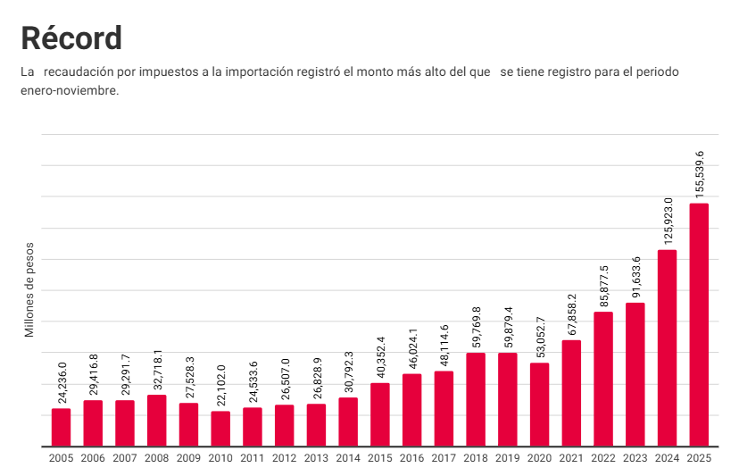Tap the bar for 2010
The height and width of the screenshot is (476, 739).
tap(220, 429)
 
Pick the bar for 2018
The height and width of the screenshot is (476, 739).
tap(476, 399)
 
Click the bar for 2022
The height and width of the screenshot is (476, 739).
tap(603, 379)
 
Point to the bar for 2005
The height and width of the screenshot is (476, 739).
tap(61, 427)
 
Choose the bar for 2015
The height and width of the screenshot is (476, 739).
tap(380, 414)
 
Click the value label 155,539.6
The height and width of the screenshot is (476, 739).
tap(700, 173)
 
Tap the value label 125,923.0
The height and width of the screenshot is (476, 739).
tap(668, 220)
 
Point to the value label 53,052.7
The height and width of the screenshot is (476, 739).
tap(540, 338)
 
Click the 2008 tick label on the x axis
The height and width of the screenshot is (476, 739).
tap(156, 458)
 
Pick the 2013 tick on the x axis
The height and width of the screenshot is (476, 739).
tap(316, 458)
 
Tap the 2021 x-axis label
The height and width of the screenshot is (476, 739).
tap(571, 458)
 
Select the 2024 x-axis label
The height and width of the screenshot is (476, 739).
tap(667, 458)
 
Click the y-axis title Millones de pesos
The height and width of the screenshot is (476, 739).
tap(29, 289)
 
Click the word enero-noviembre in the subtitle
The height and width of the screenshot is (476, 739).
tap(70, 90)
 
